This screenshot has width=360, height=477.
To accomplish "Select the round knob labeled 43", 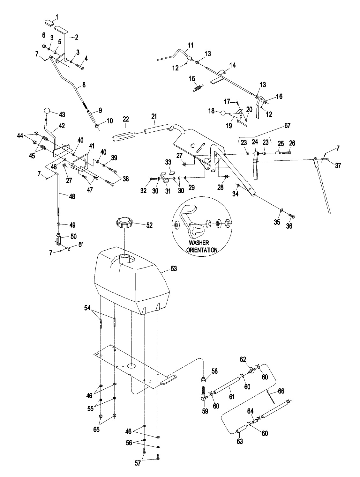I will (47, 111).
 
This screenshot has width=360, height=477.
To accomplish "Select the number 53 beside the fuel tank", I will (173, 269).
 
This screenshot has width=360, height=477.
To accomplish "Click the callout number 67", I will (287, 126).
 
